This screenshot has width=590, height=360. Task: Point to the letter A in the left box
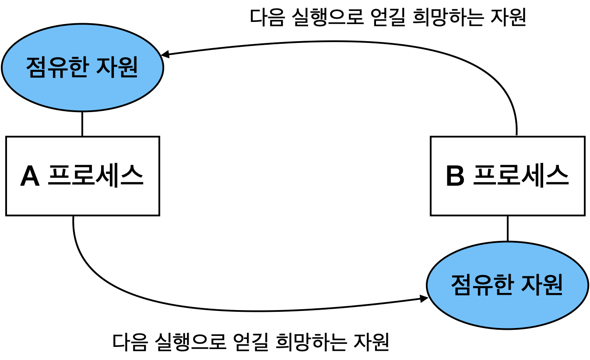(x=30, y=176)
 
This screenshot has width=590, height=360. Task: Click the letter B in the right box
(x=455, y=176)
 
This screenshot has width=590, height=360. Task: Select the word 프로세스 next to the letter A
(x=95, y=176)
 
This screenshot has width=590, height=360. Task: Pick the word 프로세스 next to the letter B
(x=521, y=176)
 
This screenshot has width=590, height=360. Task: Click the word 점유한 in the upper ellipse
(x=57, y=67)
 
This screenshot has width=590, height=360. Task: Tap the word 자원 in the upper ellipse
(x=119, y=67)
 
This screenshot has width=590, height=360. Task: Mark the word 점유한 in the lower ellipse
(x=482, y=285)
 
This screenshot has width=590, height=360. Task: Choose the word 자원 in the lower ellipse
(x=543, y=285)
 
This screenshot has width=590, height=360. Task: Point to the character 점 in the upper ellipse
(x=36, y=67)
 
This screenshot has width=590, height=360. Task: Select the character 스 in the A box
(x=132, y=176)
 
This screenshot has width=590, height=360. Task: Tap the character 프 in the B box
(x=485, y=176)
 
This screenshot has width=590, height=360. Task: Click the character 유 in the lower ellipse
(x=482, y=285)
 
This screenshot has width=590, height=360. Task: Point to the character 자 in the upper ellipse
(x=108, y=67)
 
